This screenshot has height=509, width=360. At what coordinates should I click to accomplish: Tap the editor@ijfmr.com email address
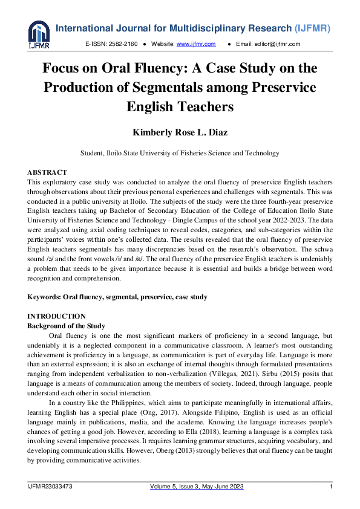click(277, 44)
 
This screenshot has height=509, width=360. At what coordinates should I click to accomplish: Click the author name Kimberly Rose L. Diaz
click(180, 132)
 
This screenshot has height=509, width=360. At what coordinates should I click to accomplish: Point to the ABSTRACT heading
click(47, 172)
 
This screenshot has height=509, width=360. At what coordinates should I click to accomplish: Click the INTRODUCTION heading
click(57, 316)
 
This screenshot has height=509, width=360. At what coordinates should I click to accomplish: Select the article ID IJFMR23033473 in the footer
click(51, 487)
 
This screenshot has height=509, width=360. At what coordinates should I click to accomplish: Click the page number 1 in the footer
click(331, 487)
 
